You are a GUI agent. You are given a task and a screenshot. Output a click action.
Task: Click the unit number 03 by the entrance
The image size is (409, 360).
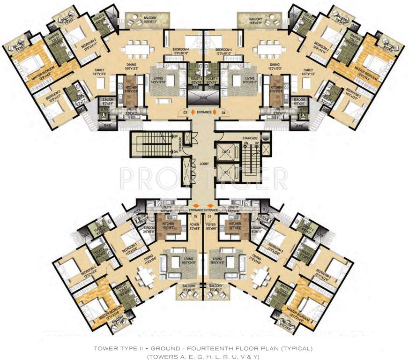186,112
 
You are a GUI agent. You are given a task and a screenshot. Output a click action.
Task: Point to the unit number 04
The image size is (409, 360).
223,112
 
